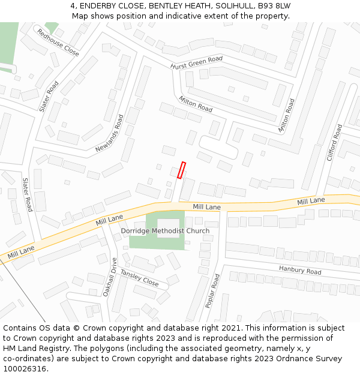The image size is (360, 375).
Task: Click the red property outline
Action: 182,170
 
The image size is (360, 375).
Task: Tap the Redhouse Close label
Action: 58,43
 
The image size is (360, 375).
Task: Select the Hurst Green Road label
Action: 196,62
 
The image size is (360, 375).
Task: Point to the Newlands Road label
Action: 109,133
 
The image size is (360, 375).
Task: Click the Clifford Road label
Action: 334,143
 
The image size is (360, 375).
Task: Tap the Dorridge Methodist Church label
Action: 166,231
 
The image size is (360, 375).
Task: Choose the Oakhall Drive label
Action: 112,274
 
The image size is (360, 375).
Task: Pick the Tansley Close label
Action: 139,277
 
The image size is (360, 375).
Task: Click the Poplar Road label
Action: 212,291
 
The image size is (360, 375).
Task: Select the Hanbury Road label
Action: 301,271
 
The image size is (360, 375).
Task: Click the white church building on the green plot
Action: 168,227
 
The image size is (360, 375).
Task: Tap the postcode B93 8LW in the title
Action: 274,5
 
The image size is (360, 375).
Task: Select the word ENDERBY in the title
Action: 102,5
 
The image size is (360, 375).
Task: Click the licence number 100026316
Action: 24,369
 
